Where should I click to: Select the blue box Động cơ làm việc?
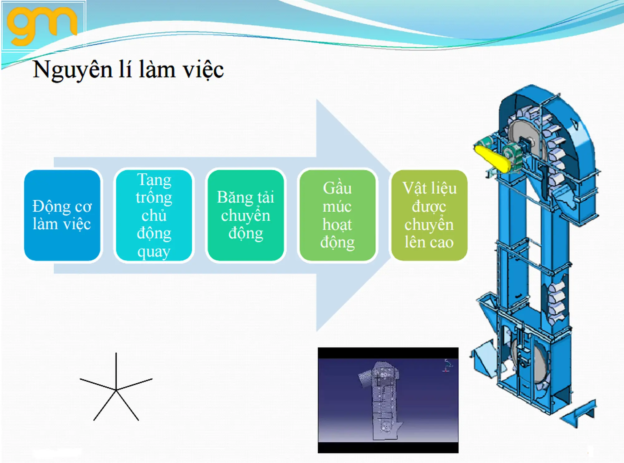62,215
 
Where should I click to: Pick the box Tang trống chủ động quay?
154,215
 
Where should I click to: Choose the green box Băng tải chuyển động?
246,215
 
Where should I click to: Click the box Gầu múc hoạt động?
337,215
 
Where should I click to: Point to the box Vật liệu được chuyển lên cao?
429,215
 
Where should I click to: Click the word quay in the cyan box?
154,252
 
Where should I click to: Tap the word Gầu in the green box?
337,188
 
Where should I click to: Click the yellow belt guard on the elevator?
492,159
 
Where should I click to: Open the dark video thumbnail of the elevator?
388,400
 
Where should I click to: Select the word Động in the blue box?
51,207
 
